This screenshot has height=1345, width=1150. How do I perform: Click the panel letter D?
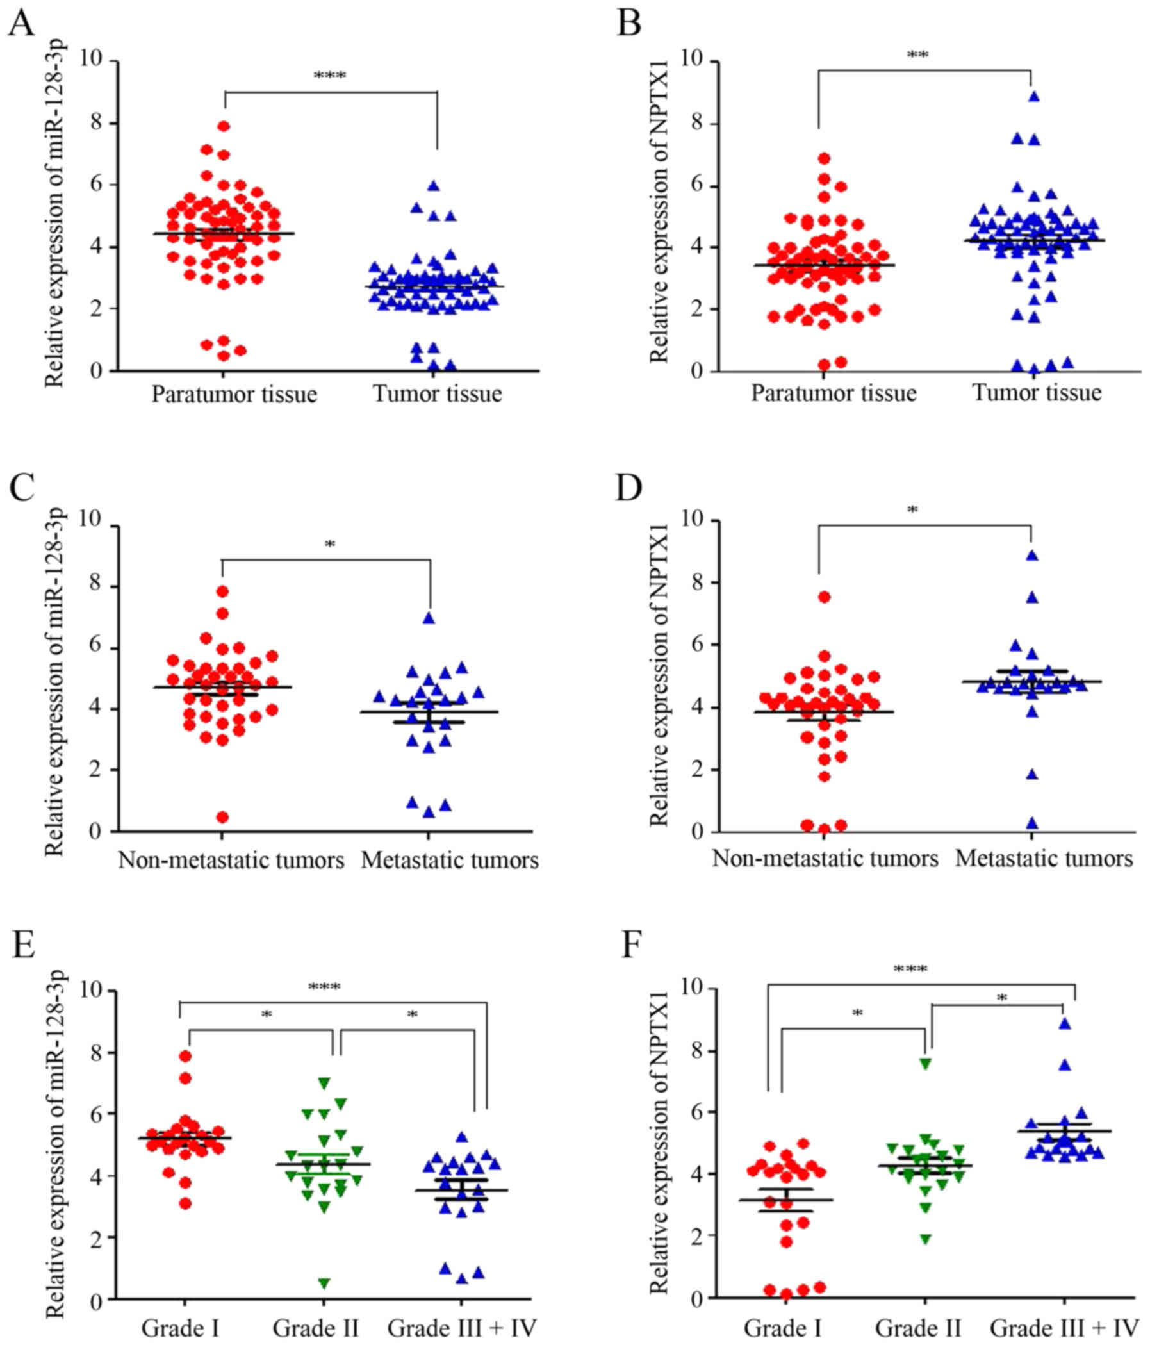click(x=628, y=488)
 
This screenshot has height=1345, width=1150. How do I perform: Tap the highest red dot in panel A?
click(x=224, y=126)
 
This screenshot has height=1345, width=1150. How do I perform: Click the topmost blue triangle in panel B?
click(x=1034, y=97)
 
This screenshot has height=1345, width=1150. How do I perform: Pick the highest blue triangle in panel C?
click(x=429, y=618)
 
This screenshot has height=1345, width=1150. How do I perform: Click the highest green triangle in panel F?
click(x=926, y=1063)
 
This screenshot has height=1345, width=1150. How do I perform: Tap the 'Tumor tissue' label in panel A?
click(x=437, y=394)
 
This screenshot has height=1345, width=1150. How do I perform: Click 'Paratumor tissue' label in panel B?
click(x=834, y=393)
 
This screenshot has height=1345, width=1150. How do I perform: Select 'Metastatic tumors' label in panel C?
click(x=450, y=861)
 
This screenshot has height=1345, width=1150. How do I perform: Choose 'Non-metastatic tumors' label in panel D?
click(x=825, y=859)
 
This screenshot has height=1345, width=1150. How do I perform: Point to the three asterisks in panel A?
click(x=330, y=76)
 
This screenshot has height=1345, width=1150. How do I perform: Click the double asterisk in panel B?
click(x=917, y=56)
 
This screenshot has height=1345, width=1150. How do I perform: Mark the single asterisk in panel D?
click(x=912, y=511)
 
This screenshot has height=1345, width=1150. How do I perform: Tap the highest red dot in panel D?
click(x=824, y=597)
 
